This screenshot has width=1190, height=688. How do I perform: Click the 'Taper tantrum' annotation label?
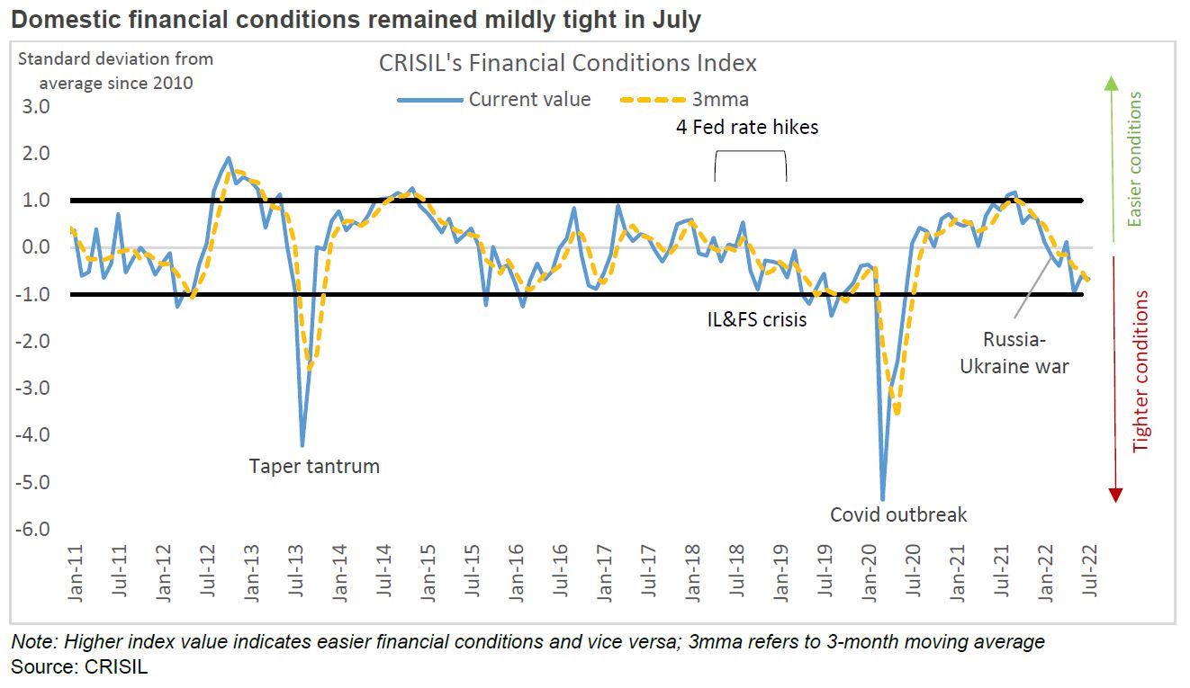pos(314,466)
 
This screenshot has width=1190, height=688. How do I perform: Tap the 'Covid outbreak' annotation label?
pos(897,514)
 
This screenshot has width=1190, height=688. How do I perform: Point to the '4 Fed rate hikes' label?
pos(747,127)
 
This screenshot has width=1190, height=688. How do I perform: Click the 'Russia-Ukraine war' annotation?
pos(1014,353)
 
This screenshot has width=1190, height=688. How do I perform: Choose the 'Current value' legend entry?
pos(495,99)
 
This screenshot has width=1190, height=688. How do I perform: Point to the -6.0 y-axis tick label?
pos(33,529)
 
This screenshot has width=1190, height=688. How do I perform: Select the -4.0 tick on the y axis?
pos(33,435)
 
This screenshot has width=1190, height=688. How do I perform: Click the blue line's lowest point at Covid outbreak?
pos(882,500)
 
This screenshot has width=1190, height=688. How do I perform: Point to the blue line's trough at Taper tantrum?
pos(302,445)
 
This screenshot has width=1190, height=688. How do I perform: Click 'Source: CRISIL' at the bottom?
pos(79,666)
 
